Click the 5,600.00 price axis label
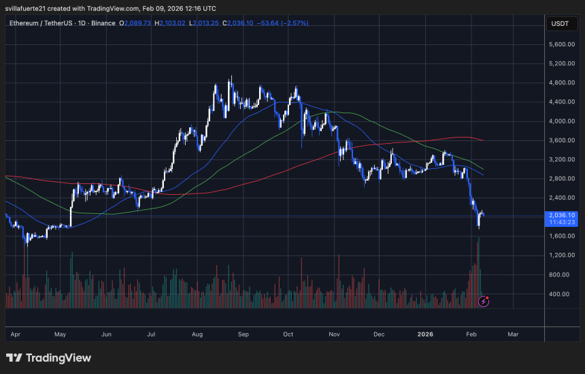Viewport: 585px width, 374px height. coord(561,44)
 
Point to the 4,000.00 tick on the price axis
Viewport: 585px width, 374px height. coord(561,121)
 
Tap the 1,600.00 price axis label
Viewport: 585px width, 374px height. coord(561,236)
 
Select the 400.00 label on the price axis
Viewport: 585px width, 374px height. coord(563,294)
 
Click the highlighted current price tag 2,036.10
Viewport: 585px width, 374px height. coord(561,215)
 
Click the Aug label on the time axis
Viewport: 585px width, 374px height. coord(198,334)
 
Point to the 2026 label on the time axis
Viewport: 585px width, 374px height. coord(426,334)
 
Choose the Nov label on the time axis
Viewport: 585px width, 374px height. coord(334,334)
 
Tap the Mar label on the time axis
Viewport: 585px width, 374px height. coord(513,334)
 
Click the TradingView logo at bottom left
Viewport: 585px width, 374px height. coord(48,358)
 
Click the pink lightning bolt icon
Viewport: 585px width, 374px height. coord(484,300)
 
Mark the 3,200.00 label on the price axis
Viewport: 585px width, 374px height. coord(561,159)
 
